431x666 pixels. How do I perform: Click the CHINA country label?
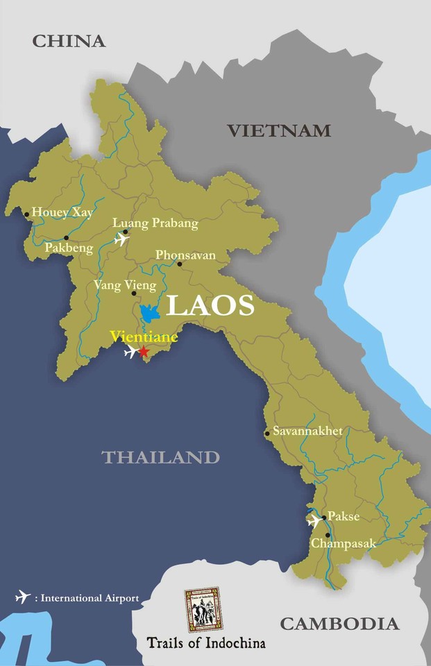(x=69, y=41)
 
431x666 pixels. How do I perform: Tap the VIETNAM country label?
(x=279, y=130)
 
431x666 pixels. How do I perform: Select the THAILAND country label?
(x=160, y=457)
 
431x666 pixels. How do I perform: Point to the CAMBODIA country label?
(x=339, y=624)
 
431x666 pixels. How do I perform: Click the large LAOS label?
(x=210, y=306)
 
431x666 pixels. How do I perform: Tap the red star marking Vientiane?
(x=144, y=352)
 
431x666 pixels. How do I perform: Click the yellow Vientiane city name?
(x=144, y=336)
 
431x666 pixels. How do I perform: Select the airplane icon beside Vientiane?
(x=130, y=352)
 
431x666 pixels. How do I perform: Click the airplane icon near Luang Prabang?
(x=122, y=240)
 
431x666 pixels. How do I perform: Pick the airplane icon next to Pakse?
(x=314, y=520)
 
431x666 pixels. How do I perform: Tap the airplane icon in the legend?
(x=24, y=597)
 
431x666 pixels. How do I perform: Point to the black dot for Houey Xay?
(x=27, y=214)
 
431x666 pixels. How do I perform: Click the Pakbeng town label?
(x=69, y=248)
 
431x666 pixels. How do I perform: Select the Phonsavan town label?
(x=185, y=255)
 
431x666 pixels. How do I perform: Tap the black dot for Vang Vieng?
(x=134, y=293)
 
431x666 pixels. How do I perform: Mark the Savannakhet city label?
(x=307, y=431)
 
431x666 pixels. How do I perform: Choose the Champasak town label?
(x=343, y=543)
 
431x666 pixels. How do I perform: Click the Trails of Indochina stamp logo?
(x=203, y=608)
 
